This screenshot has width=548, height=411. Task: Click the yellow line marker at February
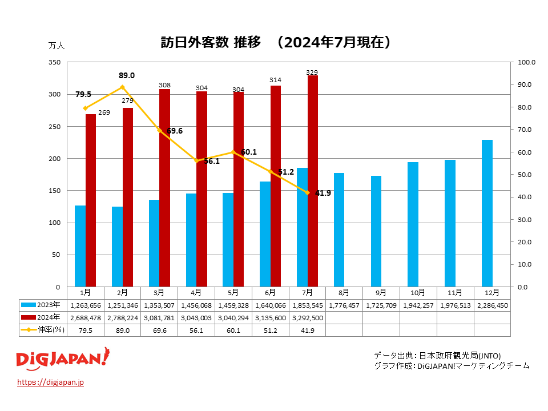[122, 87]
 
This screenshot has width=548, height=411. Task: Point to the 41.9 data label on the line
[323, 193]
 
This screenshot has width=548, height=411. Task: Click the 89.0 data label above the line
[127, 75]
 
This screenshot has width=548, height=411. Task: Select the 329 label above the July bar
[312, 72]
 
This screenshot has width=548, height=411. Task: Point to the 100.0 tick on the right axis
[524, 62]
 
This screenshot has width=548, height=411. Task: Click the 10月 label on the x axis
[418, 292]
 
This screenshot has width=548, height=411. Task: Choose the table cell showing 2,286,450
[492, 305]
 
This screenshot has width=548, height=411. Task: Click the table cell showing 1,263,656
[85, 305]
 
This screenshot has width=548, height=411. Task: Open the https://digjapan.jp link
[51, 382]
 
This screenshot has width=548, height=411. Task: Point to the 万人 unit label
[57, 45]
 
